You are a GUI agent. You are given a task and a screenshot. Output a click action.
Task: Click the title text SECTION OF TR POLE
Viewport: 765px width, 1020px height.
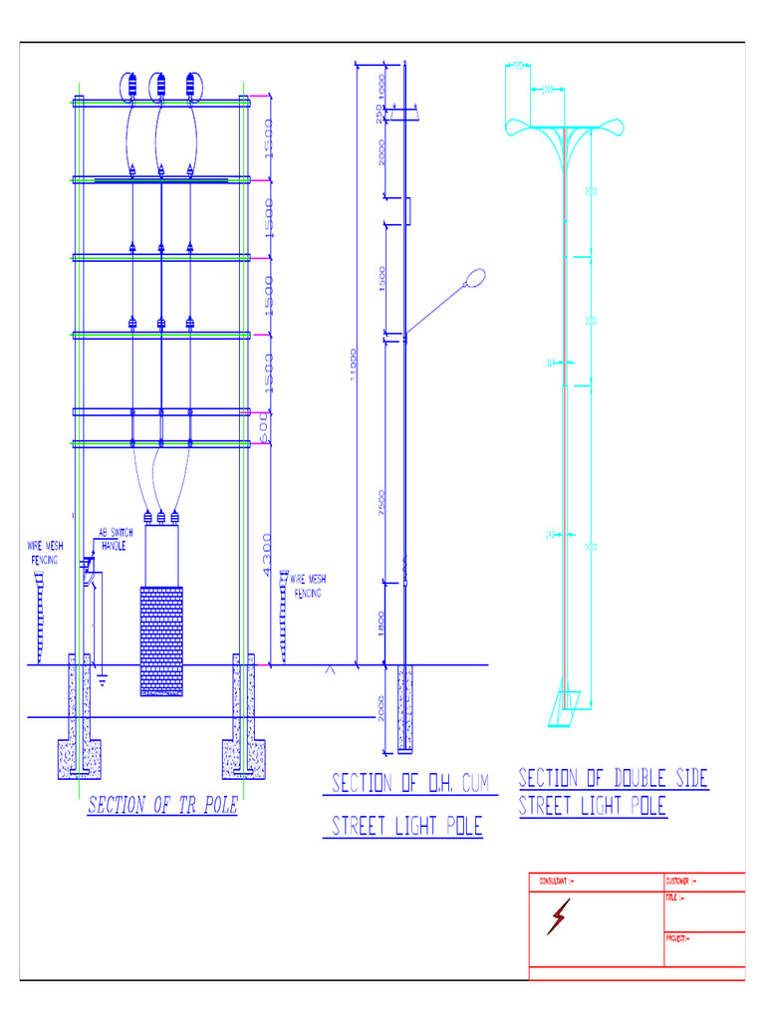[x=162, y=806]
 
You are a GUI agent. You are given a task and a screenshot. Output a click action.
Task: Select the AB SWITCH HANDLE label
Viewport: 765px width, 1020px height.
[x=115, y=539]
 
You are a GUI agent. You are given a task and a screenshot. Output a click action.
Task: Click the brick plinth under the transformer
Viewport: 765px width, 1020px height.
[x=160, y=640]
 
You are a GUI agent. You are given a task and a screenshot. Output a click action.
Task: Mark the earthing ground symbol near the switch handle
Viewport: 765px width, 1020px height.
[x=102, y=681]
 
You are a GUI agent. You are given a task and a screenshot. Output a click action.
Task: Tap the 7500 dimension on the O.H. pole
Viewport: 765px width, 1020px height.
[x=382, y=503]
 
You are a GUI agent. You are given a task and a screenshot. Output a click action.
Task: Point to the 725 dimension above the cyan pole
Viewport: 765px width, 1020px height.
[x=518, y=66]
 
